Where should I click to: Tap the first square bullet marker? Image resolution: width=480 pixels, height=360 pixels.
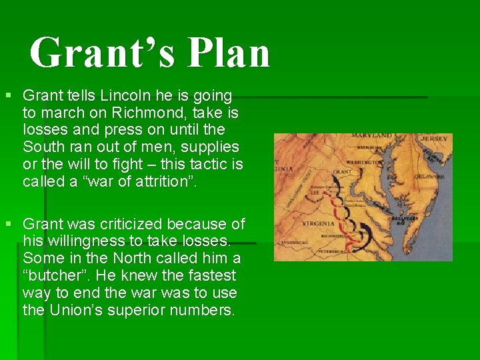pyautogui.click(x=9, y=97)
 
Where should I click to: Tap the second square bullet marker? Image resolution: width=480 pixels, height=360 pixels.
pyautogui.click(x=9, y=225)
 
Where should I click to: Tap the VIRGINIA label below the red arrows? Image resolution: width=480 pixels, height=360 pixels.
pyautogui.click(x=317, y=223)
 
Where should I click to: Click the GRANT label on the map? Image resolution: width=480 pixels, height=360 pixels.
pyautogui.click(x=341, y=172)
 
